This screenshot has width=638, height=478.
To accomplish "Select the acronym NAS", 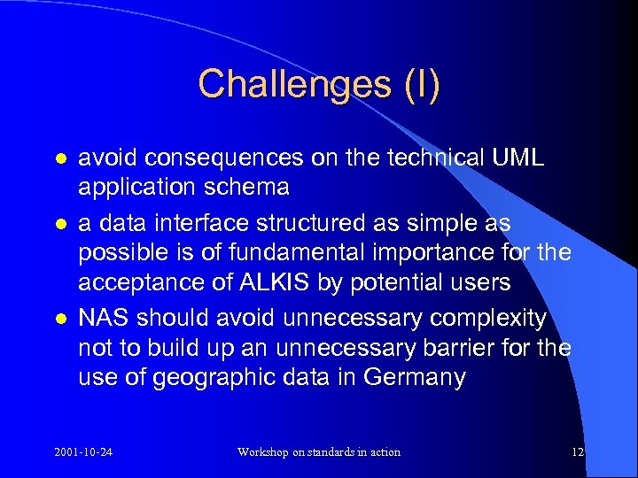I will [103, 318].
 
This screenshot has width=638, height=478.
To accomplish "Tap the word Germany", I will [415, 378].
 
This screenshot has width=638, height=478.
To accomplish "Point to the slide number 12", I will [577, 452].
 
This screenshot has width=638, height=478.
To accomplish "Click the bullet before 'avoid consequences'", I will [58, 158].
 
